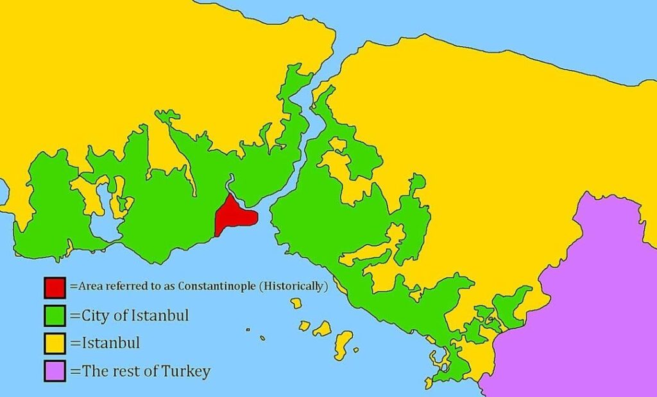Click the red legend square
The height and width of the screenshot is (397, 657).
(55, 287)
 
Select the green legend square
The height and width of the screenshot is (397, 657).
(55, 316)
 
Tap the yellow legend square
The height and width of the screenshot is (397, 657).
(55, 343)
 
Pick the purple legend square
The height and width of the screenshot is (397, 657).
(55, 371)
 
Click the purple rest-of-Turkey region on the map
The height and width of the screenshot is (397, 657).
(590, 307)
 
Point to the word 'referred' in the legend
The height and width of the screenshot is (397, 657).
(121, 286)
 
